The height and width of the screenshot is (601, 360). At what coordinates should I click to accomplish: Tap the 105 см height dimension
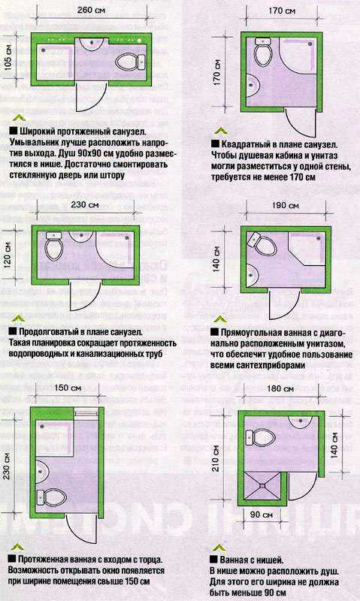click(8, 59)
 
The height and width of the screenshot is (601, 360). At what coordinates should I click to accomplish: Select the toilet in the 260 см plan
click(130, 62)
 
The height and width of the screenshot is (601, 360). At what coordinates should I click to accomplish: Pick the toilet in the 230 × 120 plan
click(53, 246)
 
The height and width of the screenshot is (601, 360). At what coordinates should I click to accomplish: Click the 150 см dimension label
click(68, 388)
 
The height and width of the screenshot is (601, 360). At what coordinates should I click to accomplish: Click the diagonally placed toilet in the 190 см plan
click(262, 245)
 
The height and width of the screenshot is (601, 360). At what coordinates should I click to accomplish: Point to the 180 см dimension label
click(280, 388)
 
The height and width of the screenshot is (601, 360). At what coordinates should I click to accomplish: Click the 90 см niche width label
click(261, 515)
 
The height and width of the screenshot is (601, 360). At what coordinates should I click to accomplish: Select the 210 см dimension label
click(216, 458)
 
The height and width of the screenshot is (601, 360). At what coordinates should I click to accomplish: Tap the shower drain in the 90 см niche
click(262, 485)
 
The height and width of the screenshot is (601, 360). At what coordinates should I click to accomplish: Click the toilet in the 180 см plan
click(261, 437)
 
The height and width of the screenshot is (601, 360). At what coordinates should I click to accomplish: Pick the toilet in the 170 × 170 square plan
click(262, 51)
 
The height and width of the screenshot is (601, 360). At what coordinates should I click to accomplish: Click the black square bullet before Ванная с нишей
click(214, 560)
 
